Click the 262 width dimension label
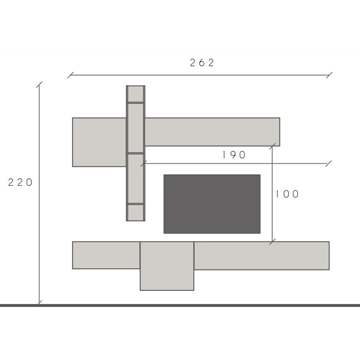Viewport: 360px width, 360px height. (x=202, y=63)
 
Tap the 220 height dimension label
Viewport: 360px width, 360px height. (x=20, y=182)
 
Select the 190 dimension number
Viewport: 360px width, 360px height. (x=234, y=155)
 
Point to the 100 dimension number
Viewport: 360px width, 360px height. (x=287, y=194)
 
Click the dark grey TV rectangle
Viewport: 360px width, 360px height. (x=212, y=204)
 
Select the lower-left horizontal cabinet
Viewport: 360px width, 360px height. (x=106, y=255)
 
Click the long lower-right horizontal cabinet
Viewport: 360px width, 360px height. (x=262, y=255)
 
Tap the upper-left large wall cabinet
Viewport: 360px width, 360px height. (x=99, y=142)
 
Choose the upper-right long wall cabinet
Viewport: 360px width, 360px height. (x=212, y=132)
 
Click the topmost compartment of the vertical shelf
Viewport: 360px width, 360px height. (x=136, y=94)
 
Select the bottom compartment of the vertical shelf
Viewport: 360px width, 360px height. (x=136, y=212)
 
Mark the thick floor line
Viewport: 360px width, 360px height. (x=180, y=305)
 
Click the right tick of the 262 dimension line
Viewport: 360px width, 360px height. (x=329, y=75)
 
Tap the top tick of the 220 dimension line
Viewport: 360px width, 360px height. (x=39, y=85)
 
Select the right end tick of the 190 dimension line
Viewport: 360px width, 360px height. (x=329, y=163)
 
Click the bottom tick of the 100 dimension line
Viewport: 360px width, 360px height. (x=272, y=242)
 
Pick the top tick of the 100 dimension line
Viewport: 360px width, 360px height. (x=274, y=145)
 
